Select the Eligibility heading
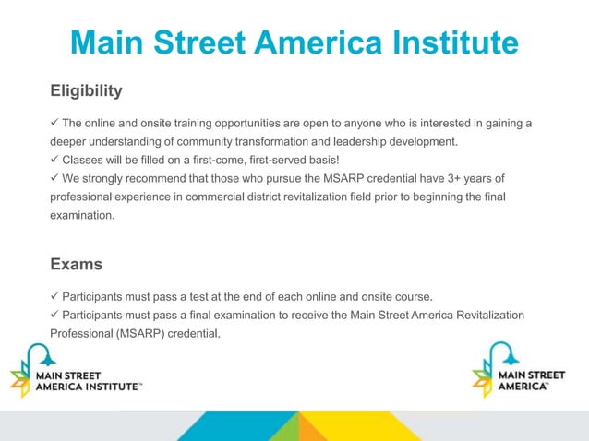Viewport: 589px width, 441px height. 86,91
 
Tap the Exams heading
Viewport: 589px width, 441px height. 76,265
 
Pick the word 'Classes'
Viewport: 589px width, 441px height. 85,160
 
